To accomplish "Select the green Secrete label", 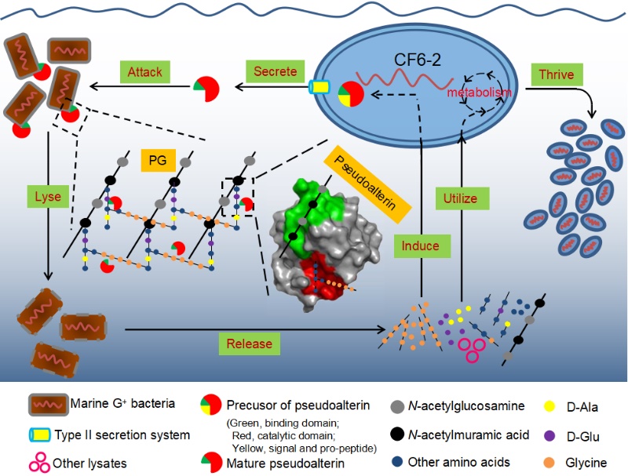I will point(276,71).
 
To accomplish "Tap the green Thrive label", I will point(557,75).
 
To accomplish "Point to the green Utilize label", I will point(460,198).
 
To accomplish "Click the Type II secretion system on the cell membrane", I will point(320,88).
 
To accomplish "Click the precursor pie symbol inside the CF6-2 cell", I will point(350,94).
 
